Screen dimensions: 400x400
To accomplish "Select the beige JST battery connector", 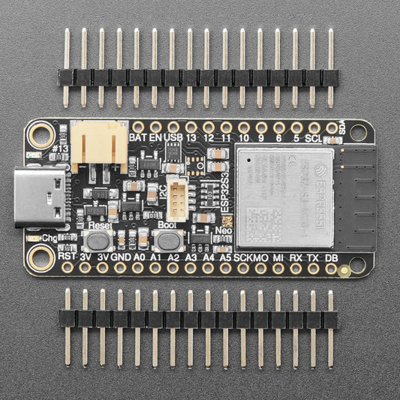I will (x=99, y=143).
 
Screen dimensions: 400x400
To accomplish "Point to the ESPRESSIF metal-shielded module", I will (x=284, y=197).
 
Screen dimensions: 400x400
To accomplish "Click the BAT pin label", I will (x=137, y=138).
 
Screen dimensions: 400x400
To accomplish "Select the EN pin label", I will (x=156, y=138).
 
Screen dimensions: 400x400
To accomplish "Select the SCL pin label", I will (x=314, y=138).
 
